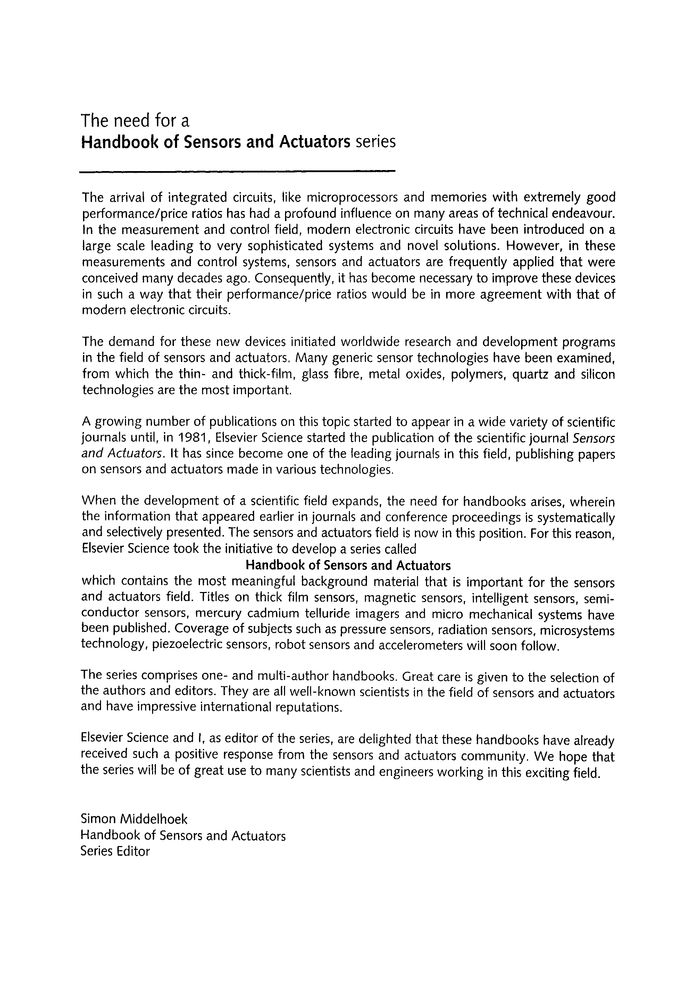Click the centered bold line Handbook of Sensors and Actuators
point(348,566)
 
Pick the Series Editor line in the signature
point(115,851)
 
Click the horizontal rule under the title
point(237,172)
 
